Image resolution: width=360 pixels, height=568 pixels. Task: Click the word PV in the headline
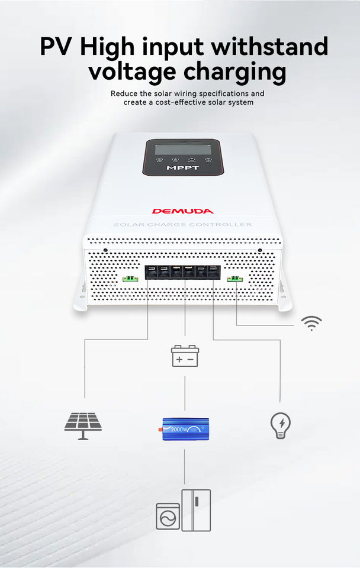57,47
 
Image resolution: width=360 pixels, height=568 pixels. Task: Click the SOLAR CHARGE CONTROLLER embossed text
182,225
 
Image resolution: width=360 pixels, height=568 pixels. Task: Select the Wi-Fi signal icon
311,322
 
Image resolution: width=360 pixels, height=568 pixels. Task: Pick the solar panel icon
83,424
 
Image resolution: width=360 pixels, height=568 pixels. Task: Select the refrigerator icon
196,509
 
